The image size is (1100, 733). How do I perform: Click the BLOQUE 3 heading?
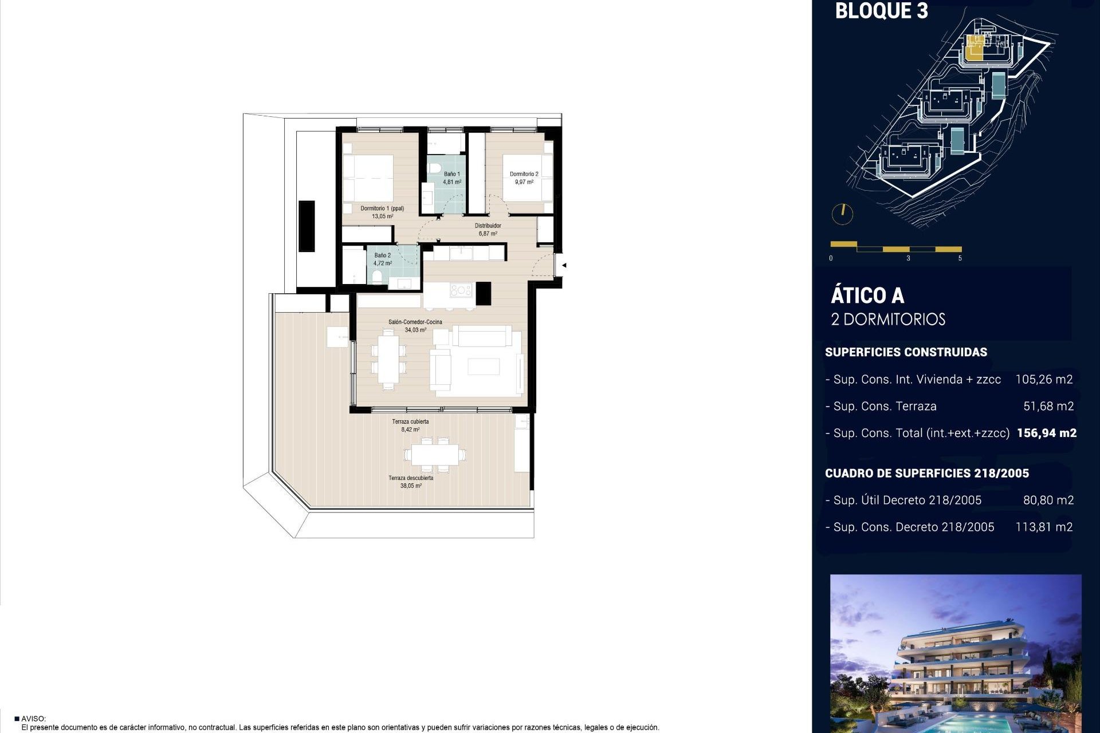881,11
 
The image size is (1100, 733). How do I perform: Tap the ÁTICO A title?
867,295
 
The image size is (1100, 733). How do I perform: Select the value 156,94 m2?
1047,433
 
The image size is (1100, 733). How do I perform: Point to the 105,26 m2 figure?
1044,379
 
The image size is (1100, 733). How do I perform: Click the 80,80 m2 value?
1048,500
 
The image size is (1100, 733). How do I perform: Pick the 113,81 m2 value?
1044,527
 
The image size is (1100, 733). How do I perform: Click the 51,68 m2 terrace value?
1048,406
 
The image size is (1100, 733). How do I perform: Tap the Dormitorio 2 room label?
524,174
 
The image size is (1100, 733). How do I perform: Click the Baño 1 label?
451,174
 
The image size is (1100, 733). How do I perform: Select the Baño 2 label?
382,255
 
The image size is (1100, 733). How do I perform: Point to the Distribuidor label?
488,226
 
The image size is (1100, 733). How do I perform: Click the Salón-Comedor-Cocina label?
415,322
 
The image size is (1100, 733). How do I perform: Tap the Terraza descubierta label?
411,478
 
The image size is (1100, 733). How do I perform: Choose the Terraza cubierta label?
410,421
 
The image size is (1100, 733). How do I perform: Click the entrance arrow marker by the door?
564,265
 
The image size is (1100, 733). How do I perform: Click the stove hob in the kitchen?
461,290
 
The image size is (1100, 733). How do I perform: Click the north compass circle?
842,214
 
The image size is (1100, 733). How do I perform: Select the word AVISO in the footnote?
33,719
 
